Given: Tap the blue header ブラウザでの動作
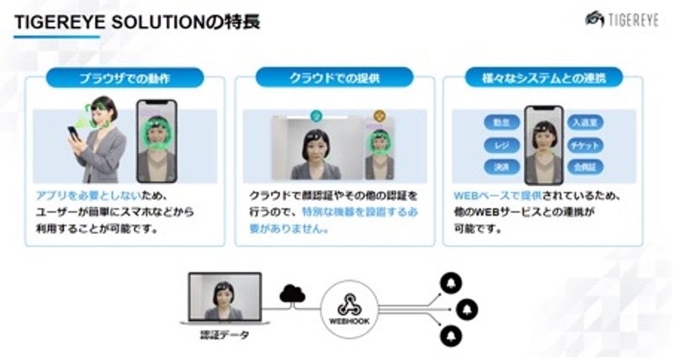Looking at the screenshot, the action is click(x=125, y=80).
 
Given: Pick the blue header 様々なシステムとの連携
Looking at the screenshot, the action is click(x=543, y=80).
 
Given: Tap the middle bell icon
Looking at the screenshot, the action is click(x=469, y=309).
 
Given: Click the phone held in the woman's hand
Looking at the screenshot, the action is click(x=73, y=134).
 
